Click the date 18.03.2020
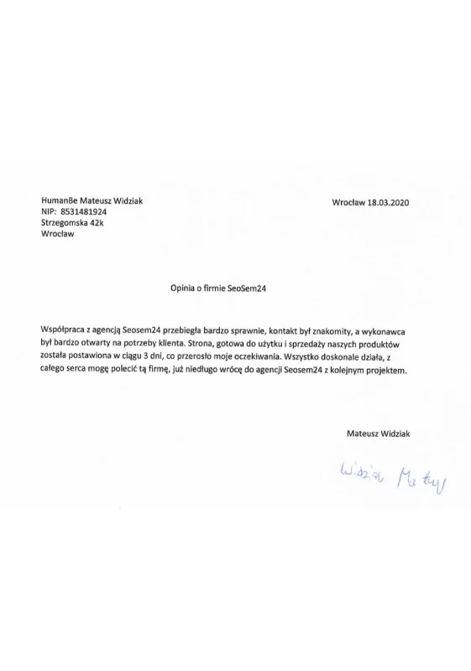coord(387,202)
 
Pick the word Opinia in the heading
coord(183,287)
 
